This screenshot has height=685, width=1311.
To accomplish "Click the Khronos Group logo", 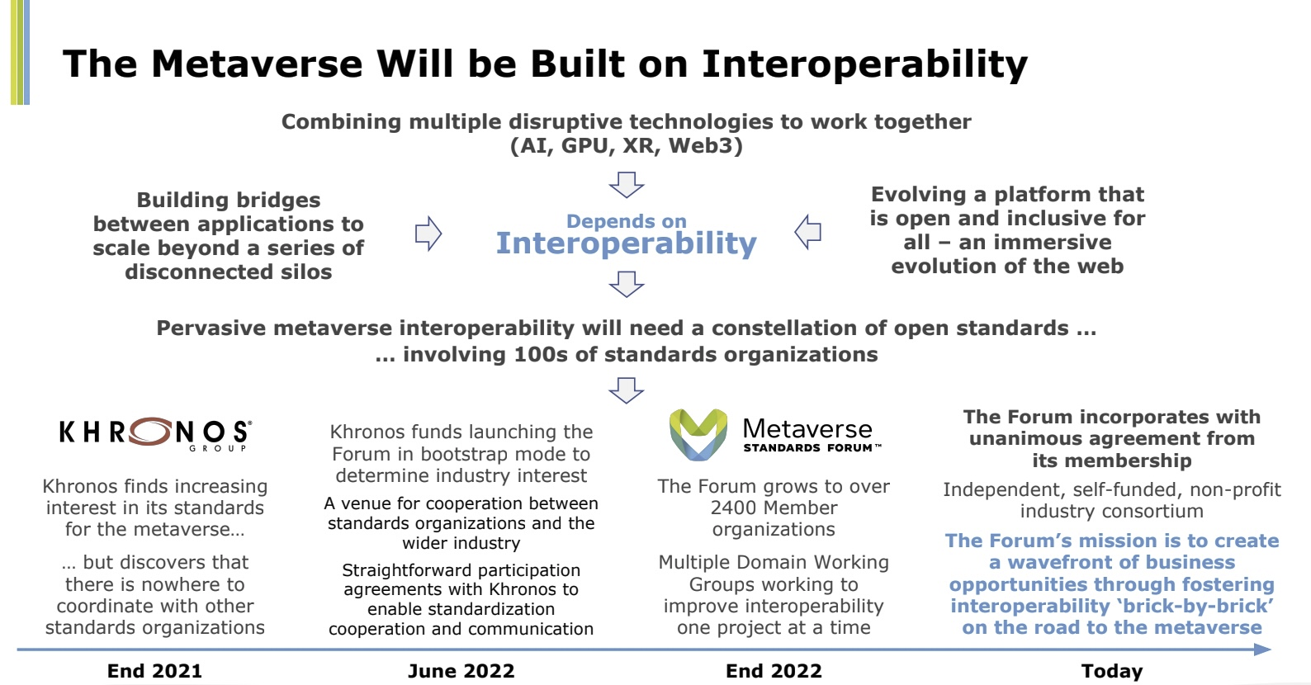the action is [x=155, y=435].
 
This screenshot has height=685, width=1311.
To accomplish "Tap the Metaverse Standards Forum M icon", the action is [x=698, y=434].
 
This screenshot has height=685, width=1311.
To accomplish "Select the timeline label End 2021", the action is [x=154, y=671].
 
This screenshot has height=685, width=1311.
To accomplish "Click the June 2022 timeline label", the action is [x=461, y=671].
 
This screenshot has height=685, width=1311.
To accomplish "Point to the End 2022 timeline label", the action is [x=774, y=671].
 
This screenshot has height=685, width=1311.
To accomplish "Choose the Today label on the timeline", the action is [x=1112, y=671].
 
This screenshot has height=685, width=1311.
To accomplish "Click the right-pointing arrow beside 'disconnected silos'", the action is [x=428, y=234].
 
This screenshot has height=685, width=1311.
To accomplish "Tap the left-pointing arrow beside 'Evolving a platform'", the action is [x=807, y=232].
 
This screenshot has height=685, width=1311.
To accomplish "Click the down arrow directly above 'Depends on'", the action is [x=627, y=184].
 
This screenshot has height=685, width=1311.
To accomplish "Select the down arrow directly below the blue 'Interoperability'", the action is [x=627, y=284].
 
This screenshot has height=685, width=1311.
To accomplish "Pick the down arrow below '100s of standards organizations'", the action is [x=627, y=390].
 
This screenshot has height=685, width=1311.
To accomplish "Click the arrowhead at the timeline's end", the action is [x=1262, y=650].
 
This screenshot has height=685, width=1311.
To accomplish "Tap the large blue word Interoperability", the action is [x=627, y=243].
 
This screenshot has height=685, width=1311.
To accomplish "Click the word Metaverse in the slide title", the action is [x=257, y=64].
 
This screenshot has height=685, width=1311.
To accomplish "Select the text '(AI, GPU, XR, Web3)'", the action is [x=627, y=145].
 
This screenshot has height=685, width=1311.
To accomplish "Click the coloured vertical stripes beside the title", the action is [x=20, y=52].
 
